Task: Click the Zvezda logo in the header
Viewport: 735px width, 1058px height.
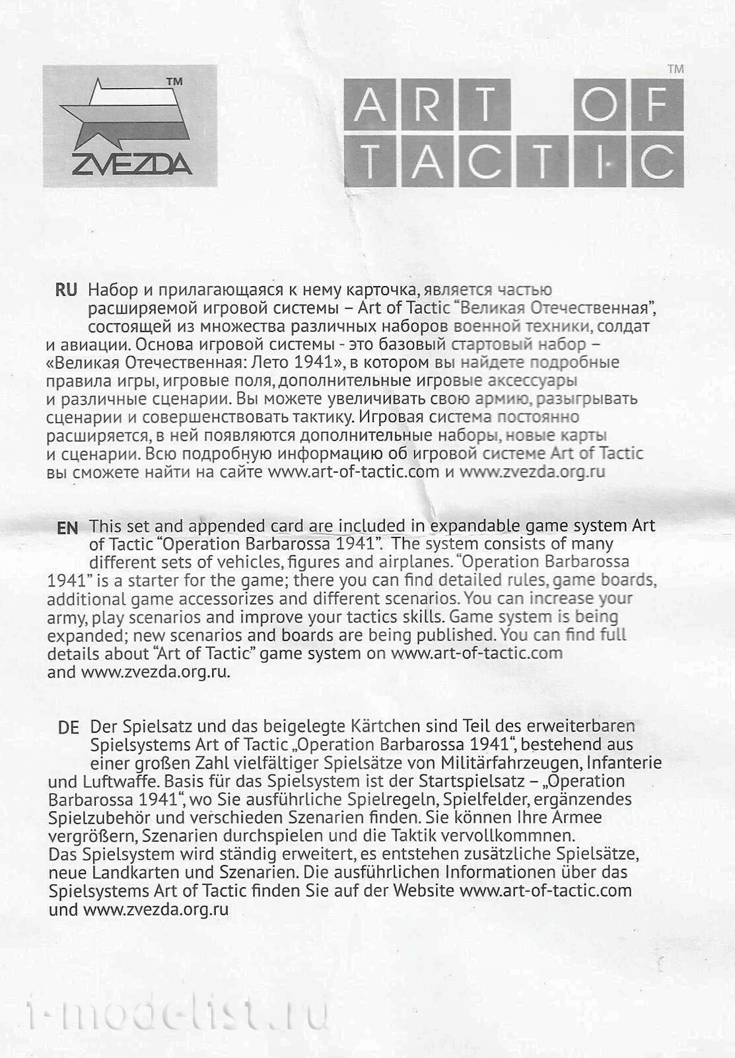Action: click(129, 125)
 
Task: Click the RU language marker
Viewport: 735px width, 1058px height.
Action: click(66, 290)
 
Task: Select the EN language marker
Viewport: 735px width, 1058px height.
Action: click(67, 527)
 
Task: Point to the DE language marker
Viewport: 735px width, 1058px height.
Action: click(68, 727)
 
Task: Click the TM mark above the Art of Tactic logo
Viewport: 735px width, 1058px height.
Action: click(676, 69)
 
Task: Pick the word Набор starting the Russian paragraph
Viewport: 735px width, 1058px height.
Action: click(112, 290)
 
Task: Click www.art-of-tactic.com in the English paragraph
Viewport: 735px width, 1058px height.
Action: click(477, 653)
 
